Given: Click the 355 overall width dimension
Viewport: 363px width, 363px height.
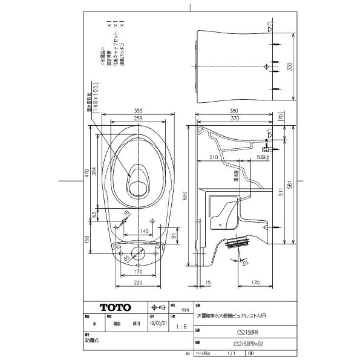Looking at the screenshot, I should (x=138, y=111).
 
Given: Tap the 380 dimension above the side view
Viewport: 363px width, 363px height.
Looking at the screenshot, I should (x=233, y=111).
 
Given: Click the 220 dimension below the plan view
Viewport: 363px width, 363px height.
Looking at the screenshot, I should (x=138, y=283).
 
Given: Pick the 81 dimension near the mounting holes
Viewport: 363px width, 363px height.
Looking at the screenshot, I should (x=173, y=235).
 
